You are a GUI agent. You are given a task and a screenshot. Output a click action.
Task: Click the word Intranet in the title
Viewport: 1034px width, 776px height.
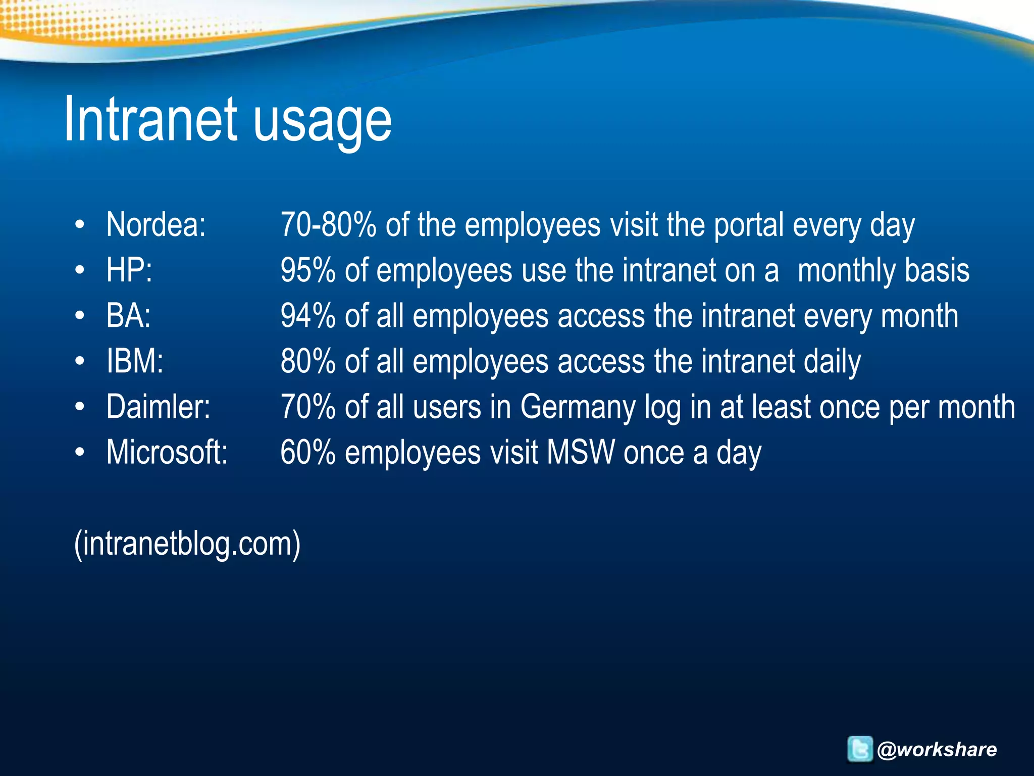tap(150, 119)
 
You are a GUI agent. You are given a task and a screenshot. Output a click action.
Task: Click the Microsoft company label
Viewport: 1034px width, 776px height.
tap(167, 452)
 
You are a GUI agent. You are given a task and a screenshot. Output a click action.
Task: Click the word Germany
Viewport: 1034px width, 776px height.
tap(578, 407)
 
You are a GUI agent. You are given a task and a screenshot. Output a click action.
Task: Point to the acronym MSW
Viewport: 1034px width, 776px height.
tap(581, 452)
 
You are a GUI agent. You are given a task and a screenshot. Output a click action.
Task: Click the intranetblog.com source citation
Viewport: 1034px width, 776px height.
tap(187, 544)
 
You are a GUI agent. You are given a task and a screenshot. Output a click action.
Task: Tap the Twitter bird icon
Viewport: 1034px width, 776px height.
tap(859, 749)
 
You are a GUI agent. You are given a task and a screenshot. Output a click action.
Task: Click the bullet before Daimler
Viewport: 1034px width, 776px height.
tap(80, 406)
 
